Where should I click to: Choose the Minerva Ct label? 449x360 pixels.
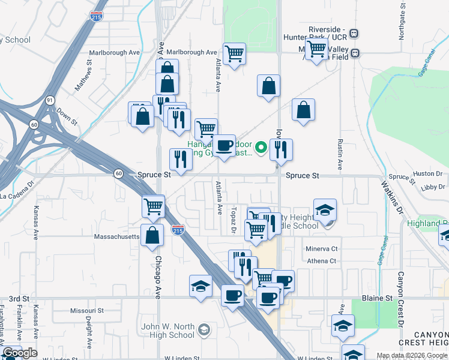coord(322,248)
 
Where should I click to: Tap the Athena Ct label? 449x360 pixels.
coord(322,261)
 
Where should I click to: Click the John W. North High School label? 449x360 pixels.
coord(169,331)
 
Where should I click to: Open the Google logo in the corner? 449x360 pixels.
coord(20,353)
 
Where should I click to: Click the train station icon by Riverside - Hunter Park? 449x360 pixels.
coord(354,33)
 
